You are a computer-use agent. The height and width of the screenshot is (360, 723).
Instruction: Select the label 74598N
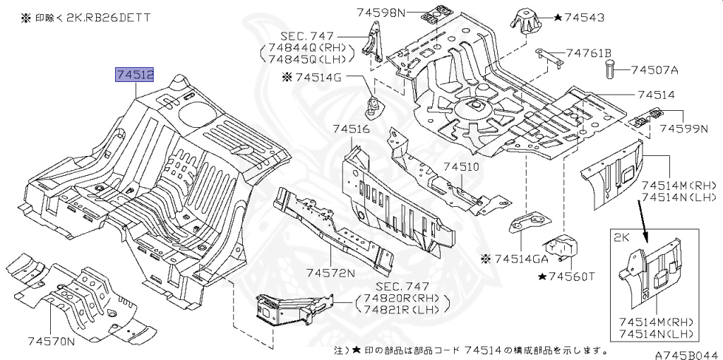click(x=382, y=12)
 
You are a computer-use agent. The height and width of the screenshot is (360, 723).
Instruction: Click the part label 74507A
click(x=654, y=70)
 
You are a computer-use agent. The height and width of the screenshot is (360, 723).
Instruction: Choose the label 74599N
click(x=683, y=129)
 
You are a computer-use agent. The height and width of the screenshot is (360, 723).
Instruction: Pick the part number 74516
click(x=347, y=129)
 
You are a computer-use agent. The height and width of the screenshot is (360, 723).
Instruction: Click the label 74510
click(x=461, y=167)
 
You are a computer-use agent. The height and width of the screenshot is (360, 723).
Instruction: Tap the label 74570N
click(x=52, y=342)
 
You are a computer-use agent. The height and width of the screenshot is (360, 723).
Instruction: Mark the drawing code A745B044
click(x=685, y=355)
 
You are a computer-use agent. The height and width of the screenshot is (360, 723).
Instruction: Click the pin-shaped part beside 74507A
click(x=611, y=70)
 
